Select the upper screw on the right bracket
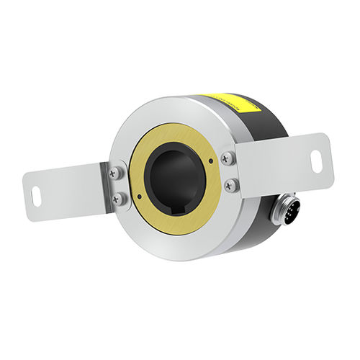(227, 158)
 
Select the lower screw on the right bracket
(230, 185)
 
